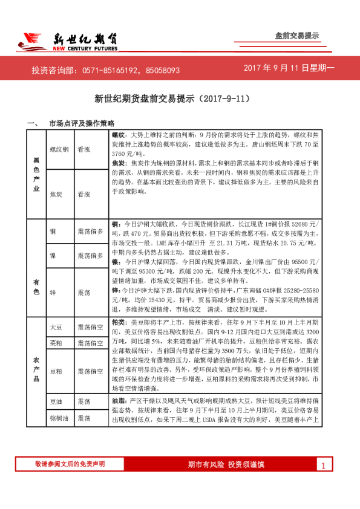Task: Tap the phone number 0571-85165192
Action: point(110,71)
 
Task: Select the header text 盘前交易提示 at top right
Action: point(296,36)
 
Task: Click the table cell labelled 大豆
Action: point(56,327)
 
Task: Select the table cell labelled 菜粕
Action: point(56,343)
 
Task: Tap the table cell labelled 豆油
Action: point(56,401)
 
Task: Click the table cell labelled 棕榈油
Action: point(59,418)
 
